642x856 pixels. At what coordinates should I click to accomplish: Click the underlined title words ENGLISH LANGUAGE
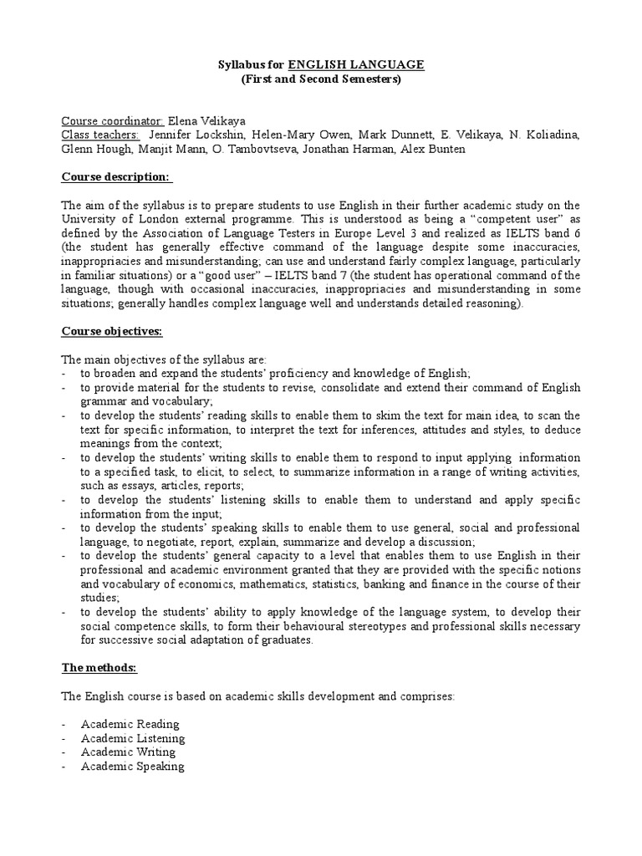[356, 64]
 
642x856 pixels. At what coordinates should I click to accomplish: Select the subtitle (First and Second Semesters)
[321, 79]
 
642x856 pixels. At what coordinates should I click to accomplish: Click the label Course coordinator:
[113, 120]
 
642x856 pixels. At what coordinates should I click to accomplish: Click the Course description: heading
[117, 177]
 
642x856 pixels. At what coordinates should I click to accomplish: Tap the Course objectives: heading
[114, 331]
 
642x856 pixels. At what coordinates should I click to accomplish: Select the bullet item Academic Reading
[130, 724]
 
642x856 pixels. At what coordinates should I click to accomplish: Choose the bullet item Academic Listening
[133, 738]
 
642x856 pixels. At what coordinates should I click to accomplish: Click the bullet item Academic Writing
[128, 752]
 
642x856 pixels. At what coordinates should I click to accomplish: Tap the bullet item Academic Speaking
[132, 767]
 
